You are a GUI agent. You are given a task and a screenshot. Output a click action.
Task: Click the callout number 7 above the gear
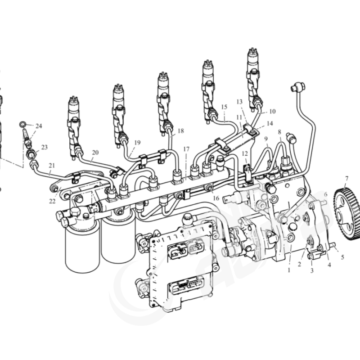pyautogui.click(x=346, y=178)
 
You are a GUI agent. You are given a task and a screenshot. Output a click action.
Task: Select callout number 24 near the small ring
pyautogui.click(x=39, y=126)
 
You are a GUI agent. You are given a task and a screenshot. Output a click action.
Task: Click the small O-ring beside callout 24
pyautogui.click(x=22, y=124)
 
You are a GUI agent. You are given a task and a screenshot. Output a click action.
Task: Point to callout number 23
pyautogui.click(x=44, y=147)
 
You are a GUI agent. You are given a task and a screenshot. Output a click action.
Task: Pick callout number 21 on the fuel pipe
pyautogui.click(x=52, y=165)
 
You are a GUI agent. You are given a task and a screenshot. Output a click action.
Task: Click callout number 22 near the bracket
pyautogui.click(x=52, y=201)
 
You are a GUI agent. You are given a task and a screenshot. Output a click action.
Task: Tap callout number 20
pyautogui.click(x=95, y=152)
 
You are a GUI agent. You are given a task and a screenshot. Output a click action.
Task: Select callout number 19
pyautogui.click(x=137, y=143)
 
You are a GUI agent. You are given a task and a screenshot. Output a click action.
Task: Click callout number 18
pyautogui.click(x=181, y=130)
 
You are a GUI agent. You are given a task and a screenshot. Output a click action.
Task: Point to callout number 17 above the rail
pyautogui.click(x=186, y=149)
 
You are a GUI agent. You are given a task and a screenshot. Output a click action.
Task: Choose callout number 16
pyautogui.click(x=216, y=198)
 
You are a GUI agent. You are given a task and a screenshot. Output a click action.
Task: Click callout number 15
pyautogui.click(x=224, y=107)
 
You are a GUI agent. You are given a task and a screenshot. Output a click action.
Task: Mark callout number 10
pyautogui.click(x=272, y=111)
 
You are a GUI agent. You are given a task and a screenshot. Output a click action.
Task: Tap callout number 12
pyautogui.click(x=245, y=153)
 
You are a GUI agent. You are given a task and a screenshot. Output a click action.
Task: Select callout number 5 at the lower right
pyautogui.click(x=342, y=257)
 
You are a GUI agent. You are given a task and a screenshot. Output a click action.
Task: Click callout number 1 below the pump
pyautogui.click(x=289, y=270)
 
